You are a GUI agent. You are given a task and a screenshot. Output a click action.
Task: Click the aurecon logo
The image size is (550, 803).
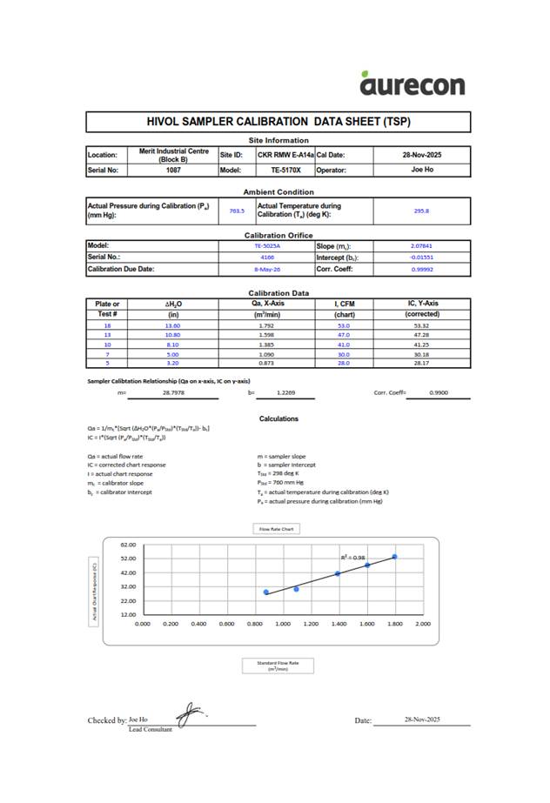pos(412,82)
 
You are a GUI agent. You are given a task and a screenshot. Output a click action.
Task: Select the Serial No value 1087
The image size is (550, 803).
pos(173,171)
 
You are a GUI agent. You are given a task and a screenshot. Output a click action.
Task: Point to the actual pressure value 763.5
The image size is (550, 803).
pos(237,211)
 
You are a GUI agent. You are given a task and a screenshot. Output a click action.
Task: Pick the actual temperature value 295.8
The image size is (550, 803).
pos(421,211)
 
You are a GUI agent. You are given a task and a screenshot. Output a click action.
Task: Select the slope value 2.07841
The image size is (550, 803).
pos(421,246)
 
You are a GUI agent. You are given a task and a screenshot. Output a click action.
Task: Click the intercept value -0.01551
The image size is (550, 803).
pos(421,258)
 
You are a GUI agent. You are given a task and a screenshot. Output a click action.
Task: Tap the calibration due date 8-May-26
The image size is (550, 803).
pos(265,269)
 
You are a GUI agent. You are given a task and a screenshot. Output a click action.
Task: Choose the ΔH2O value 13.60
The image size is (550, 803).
pos(172,325)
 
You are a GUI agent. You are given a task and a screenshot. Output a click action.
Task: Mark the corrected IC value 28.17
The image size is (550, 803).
pos(423,365)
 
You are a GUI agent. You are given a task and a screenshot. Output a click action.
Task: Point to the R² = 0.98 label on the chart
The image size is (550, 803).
pos(353,557)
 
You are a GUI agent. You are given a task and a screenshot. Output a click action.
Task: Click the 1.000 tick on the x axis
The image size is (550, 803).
pos(283,624)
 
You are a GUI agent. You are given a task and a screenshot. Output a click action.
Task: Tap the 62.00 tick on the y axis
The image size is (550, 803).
pos(127,544)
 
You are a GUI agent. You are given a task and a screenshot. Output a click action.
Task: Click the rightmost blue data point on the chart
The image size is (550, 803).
pos(394,557)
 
